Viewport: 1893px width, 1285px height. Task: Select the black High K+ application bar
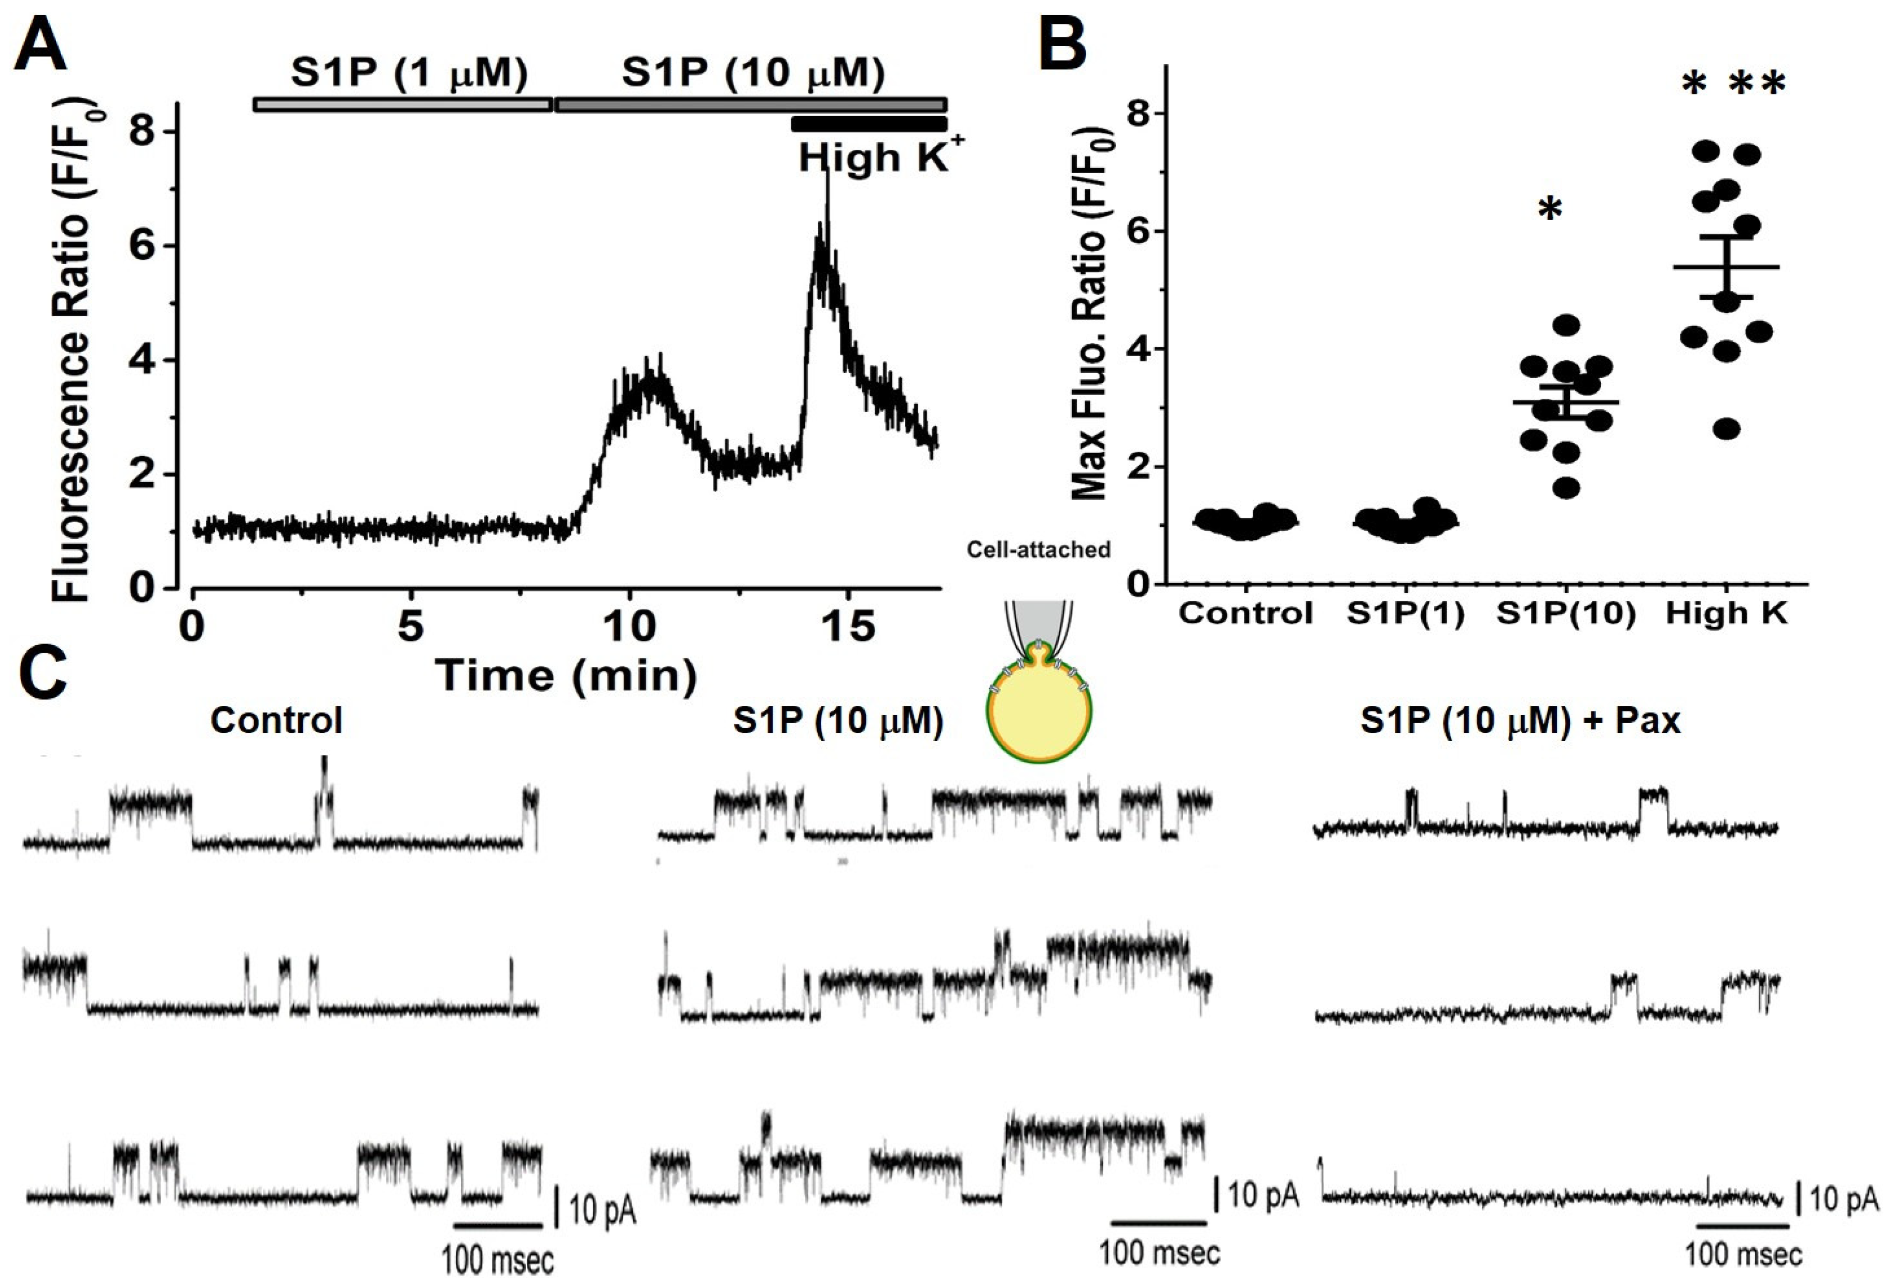pyautogui.click(x=868, y=124)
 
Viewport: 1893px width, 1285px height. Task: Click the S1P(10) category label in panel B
pyautogui.click(x=1565, y=613)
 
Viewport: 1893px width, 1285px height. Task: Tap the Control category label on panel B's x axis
pyautogui.click(x=1246, y=613)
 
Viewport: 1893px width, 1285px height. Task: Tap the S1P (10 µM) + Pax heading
pyautogui.click(x=1520, y=721)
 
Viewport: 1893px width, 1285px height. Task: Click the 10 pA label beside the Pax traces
pyautogui.click(x=1843, y=1199)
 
